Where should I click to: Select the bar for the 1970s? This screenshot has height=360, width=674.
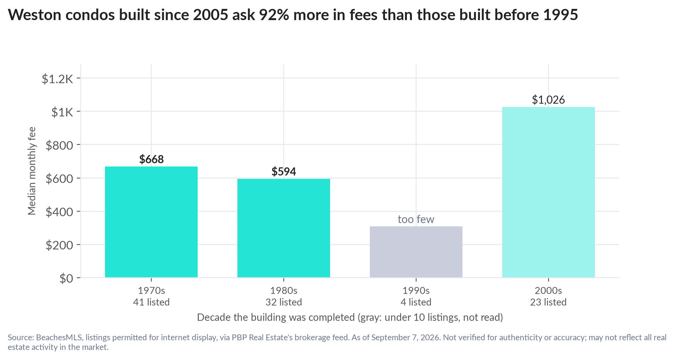pos(151,222)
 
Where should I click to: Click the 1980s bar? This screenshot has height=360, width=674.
pos(284,228)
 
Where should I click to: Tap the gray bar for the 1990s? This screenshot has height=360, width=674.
pos(416,252)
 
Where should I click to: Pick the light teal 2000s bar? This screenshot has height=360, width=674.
pos(549,192)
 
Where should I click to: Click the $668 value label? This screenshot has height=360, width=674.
pos(151,159)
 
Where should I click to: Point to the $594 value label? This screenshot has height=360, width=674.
pos(284,172)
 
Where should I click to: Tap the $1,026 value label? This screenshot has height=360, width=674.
pos(549,100)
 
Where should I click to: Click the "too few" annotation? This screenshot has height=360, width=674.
pos(416,219)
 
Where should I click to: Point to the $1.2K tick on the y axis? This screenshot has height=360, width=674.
pos(58,79)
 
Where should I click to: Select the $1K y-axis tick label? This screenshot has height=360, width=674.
pos(63,112)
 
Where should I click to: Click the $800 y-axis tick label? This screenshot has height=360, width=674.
pos(59,145)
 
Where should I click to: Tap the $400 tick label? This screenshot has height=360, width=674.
pos(59,212)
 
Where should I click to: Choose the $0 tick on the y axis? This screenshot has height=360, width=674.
pos(66,278)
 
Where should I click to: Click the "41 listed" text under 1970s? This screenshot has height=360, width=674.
pos(151,302)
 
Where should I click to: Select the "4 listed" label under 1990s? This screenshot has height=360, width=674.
pos(416,302)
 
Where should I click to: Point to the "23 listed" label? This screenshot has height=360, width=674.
pos(549,302)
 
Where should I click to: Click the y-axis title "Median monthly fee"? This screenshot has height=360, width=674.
pos(32,171)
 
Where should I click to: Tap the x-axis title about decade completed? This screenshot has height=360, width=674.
pos(350,318)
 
